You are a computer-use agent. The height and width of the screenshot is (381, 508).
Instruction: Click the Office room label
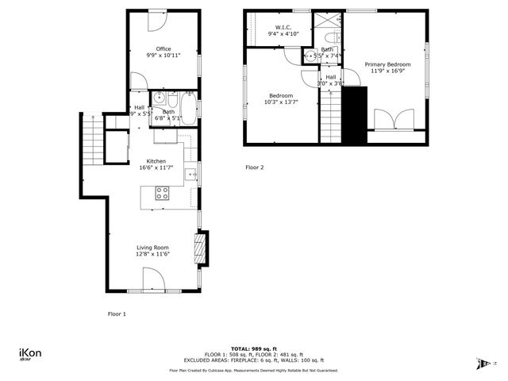coord(163,49)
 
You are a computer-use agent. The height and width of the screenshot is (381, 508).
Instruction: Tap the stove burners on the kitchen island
coord(162,191)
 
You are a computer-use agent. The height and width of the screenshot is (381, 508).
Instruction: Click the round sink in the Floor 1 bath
coord(159,99)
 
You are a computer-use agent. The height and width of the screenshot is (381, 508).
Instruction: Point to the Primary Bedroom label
coord(387,63)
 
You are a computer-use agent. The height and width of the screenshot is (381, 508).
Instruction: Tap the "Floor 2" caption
coord(254,167)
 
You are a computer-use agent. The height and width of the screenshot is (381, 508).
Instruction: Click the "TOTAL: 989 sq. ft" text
coord(254,348)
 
